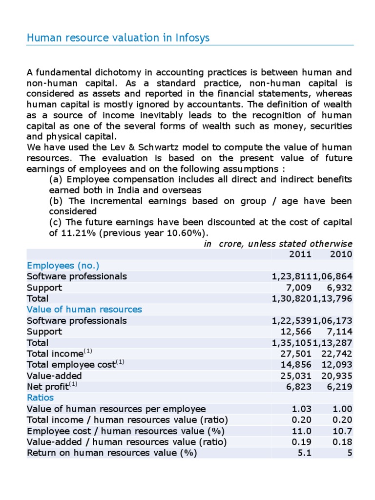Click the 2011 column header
(x=300, y=254)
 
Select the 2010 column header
(x=341, y=254)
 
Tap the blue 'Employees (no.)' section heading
(x=63, y=265)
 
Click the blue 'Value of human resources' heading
(x=84, y=309)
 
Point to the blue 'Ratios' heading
(x=41, y=397)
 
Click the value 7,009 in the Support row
(x=300, y=287)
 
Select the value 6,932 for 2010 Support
(x=341, y=287)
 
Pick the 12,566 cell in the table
(x=298, y=332)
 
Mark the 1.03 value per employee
(x=303, y=409)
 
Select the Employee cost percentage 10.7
(x=343, y=431)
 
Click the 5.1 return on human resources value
(x=305, y=453)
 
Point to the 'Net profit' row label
(x=47, y=387)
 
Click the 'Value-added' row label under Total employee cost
(x=54, y=375)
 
